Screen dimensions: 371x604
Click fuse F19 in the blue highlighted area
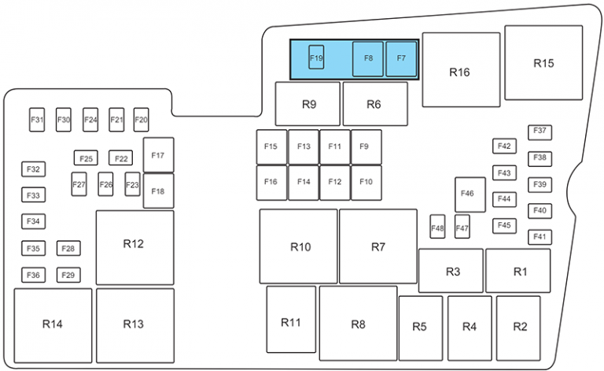316,58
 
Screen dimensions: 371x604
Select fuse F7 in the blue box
401,59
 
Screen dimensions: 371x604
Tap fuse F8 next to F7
368,59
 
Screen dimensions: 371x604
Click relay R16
460,70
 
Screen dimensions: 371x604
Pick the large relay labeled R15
543,62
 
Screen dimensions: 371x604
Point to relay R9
308,104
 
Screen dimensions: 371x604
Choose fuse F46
470,195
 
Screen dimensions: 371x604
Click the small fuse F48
438,228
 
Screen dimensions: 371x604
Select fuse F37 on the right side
540,132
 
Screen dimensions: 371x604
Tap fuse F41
540,236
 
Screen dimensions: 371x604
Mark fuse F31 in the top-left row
38,120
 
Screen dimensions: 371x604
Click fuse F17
158,155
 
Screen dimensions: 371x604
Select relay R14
53,324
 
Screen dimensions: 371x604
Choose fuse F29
69,275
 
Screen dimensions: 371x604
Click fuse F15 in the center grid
271,147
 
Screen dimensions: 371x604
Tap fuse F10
366,183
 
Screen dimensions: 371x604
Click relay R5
420,327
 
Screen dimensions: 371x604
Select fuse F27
79,184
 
